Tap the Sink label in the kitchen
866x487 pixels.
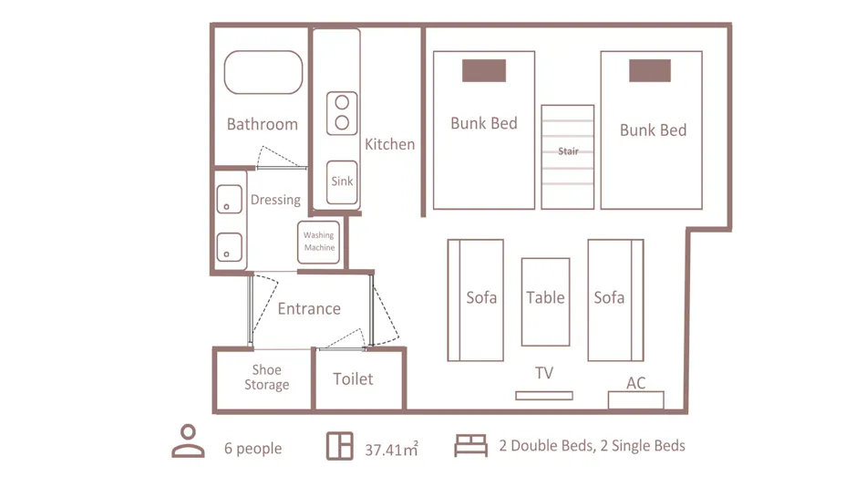click(342, 181)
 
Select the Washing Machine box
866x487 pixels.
click(319, 242)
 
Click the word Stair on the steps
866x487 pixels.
click(568, 151)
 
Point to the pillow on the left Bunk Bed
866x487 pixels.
click(484, 71)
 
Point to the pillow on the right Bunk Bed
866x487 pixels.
click(650, 71)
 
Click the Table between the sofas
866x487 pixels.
click(546, 302)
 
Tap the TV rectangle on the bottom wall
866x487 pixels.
click(544, 396)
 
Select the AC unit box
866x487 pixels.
click(635, 400)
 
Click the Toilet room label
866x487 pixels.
click(353, 379)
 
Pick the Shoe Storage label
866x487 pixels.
click(267, 378)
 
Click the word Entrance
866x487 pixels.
click(309, 308)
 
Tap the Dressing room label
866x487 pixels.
click(275, 200)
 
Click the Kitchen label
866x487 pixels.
click(390, 144)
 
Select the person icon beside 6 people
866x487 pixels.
click(189, 441)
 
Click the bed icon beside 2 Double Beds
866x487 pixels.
click(471, 446)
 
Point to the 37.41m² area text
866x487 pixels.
click(391, 449)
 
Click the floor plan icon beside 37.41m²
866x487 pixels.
click(340, 446)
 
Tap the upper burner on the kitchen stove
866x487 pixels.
click(342, 102)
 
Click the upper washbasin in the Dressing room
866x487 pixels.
click(229, 199)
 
